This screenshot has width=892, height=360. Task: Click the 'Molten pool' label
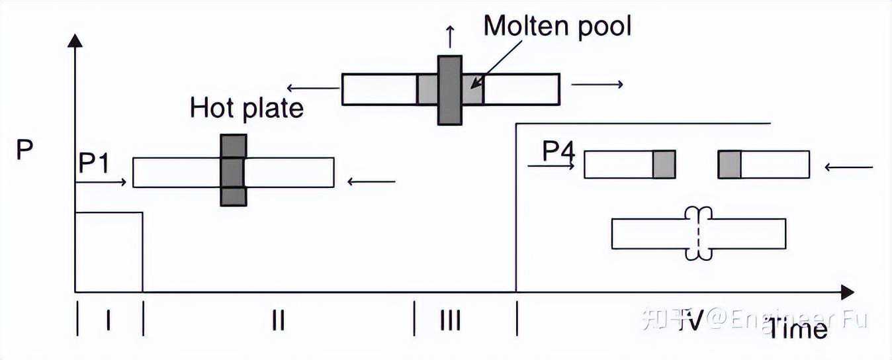(x=557, y=27)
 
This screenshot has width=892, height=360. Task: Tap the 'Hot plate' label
(x=247, y=109)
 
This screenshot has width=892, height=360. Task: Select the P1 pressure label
(x=93, y=163)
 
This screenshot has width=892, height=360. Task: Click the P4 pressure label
(x=558, y=152)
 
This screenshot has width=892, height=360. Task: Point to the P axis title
(x=24, y=150)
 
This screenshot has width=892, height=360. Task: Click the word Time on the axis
(x=797, y=329)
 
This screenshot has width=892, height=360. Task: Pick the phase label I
(x=109, y=320)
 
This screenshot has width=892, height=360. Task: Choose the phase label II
(x=278, y=320)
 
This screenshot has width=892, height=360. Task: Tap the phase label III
(x=451, y=320)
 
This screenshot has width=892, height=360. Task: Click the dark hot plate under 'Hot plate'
(x=234, y=170)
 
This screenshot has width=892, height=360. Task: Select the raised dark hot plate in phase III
(x=450, y=90)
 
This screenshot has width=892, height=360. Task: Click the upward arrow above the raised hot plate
(x=450, y=36)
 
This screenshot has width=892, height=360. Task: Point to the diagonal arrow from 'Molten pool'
(x=496, y=64)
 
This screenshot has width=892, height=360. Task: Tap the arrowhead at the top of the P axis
(x=75, y=40)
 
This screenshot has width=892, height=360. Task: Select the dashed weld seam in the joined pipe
(x=698, y=234)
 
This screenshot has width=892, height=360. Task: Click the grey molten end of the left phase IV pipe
(x=664, y=164)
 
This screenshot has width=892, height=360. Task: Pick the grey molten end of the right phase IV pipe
(x=729, y=164)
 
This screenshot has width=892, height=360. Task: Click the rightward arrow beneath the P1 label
(x=101, y=182)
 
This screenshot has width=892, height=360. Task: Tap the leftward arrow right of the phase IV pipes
(x=848, y=167)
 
